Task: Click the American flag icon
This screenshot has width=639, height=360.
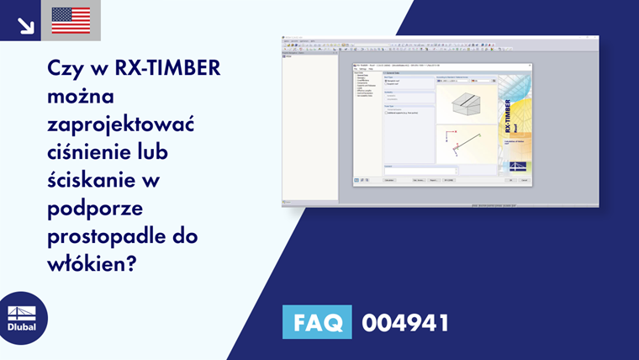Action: point(71,20)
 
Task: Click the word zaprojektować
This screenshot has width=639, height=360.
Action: point(121,124)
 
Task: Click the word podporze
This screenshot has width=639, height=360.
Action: point(88,208)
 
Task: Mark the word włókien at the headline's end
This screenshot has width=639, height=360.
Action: point(87,263)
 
